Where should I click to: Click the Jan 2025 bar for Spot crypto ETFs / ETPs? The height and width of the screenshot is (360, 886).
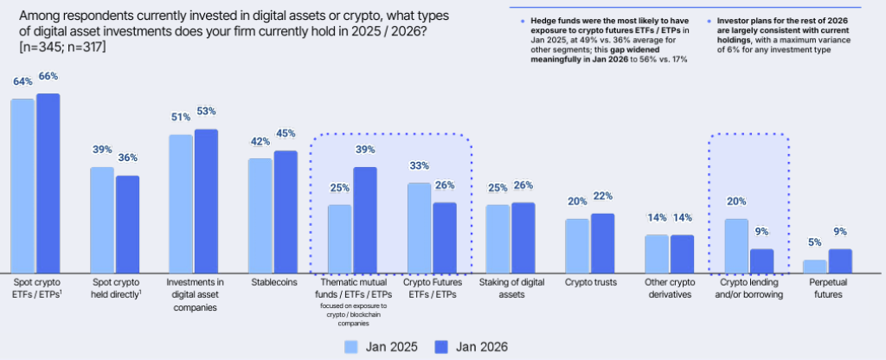pyautogui.click(x=22, y=185)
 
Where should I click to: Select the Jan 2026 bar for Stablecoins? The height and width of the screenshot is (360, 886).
pyautogui.click(x=286, y=211)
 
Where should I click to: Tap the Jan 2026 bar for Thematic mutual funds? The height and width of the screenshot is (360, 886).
pyautogui.click(x=365, y=220)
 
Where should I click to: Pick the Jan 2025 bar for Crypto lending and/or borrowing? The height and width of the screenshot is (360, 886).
pyautogui.click(x=735, y=246)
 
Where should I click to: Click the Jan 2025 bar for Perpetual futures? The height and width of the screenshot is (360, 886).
pyautogui.click(x=814, y=266)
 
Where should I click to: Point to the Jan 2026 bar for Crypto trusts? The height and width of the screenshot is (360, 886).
pyautogui.click(x=602, y=242)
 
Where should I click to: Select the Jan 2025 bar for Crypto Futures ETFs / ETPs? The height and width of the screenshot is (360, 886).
pyautogui.click(x=419, y=227)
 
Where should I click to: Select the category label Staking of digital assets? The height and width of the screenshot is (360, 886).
pyautogui.click(x=510, y=287)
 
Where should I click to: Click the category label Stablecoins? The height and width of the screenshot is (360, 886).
pyautogui.click(x=272, y=282)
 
